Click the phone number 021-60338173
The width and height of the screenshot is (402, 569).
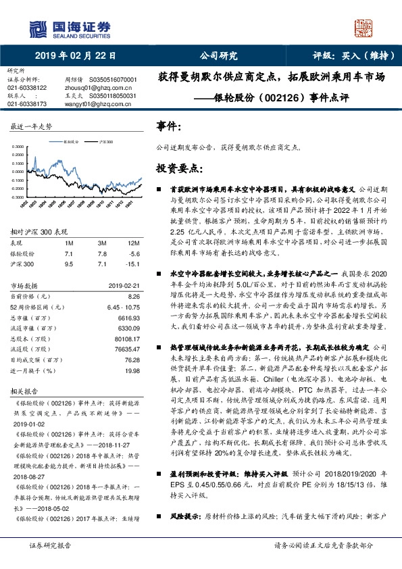[x=27, y=104]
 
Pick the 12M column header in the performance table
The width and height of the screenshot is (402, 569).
[x=133, y=242]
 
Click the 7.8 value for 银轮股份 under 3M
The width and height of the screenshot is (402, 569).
[x=102, y=253]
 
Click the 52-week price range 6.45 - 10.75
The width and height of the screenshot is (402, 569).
[x=124, y=306]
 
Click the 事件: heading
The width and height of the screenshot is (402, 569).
[x=168, y=126]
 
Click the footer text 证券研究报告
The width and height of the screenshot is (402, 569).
[x=50, y=545]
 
